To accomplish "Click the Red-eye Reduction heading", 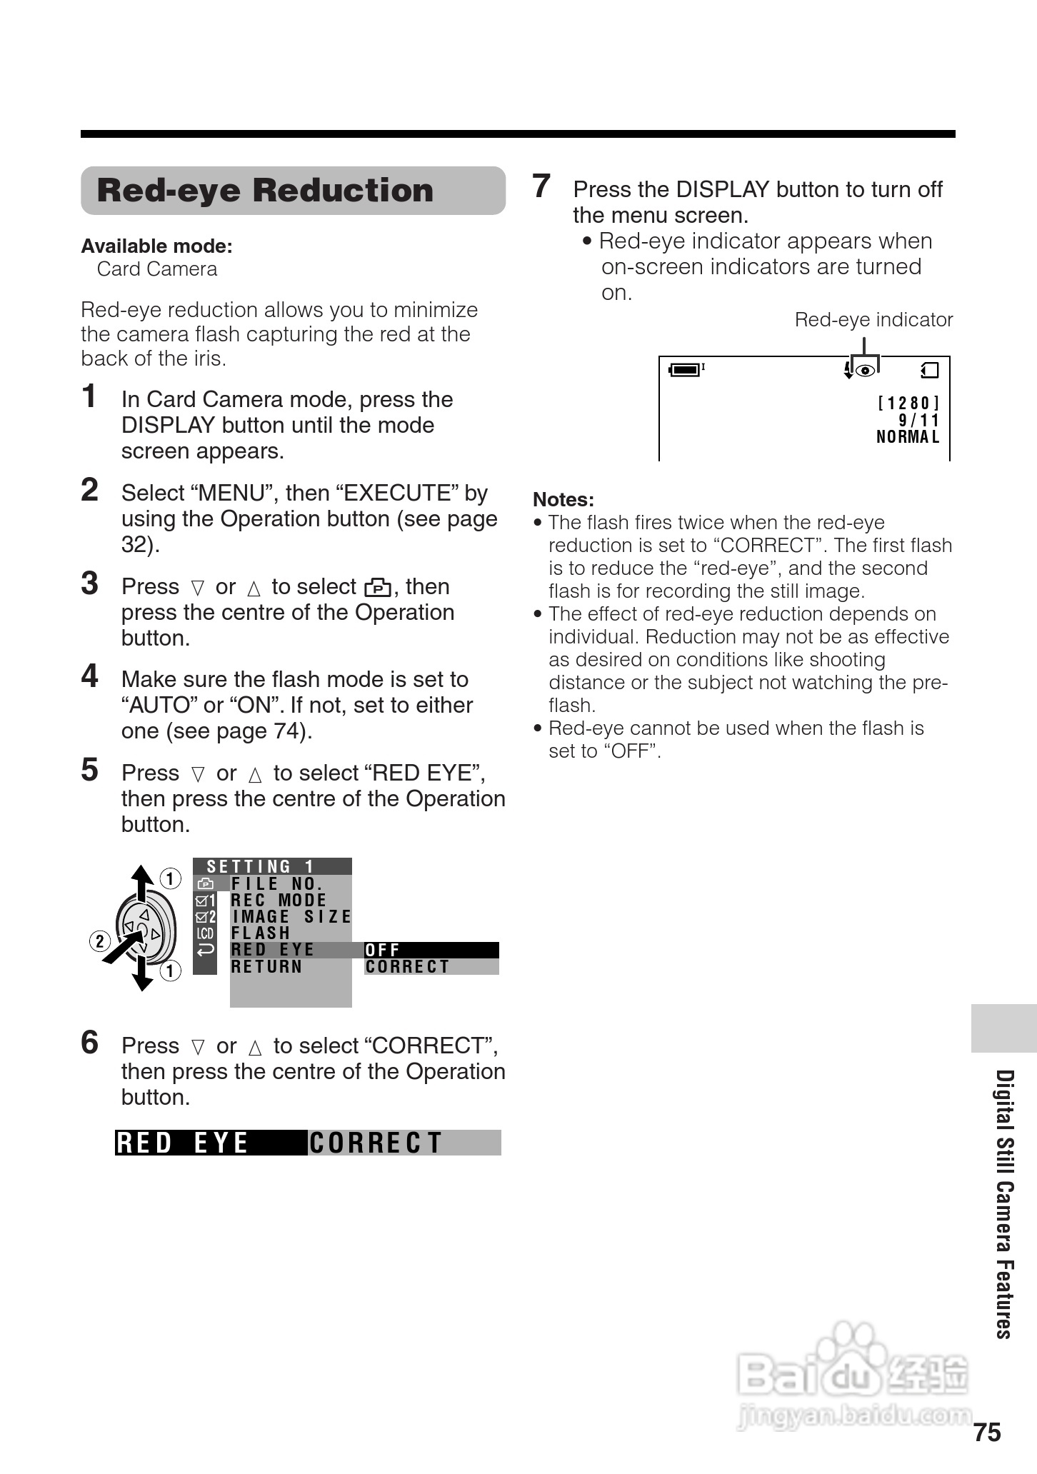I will point(265,191).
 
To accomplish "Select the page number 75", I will point(987,1433).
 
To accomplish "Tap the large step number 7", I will point(541,186).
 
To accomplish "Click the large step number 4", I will point(89,676).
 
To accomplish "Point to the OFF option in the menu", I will point(383,950).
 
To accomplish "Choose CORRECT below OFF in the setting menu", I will point(407,967).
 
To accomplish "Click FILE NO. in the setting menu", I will point(277,884).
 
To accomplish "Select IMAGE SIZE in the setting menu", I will point(291,917).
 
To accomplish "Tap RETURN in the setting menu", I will point(267,967).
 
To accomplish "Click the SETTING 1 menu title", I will point(261,867).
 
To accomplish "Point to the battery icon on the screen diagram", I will point(685,370).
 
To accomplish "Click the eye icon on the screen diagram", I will point(865,371).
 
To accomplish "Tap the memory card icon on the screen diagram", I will point(930,370).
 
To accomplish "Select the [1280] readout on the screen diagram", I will point(908,403).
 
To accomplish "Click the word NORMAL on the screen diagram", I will point(908,437).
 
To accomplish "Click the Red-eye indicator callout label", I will point(873,320).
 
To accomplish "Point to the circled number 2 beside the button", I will point(99,941).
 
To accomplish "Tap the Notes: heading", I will point(563,500).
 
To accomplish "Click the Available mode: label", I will point(156,246).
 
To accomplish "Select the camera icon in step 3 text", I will point(378,588).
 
